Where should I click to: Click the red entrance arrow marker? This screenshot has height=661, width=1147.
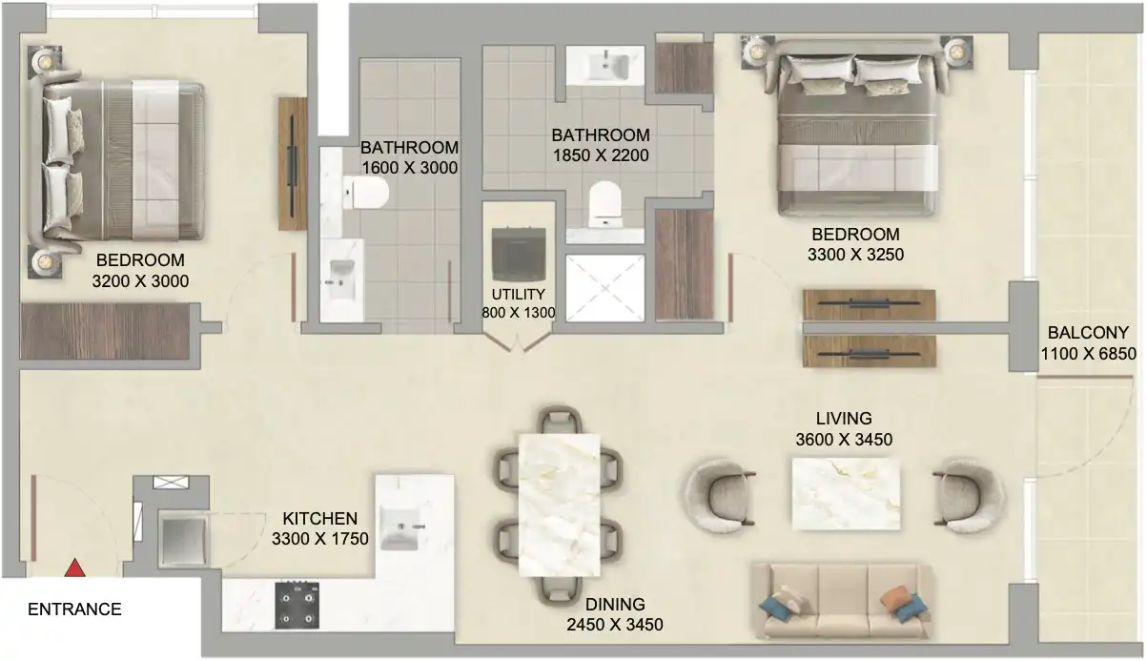click(74, 568)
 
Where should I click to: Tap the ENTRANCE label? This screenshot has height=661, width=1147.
click(74, 609)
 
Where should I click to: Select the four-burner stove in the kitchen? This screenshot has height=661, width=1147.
click(297, 605)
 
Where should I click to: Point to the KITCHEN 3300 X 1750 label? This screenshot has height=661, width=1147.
click(320, 528)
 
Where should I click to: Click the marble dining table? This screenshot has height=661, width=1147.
click(559, 505)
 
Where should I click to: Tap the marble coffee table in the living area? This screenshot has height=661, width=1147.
click(846, 494)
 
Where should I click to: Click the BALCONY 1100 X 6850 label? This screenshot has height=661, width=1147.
click(1089, 342)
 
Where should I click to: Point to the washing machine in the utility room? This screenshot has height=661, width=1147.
click(518, 254)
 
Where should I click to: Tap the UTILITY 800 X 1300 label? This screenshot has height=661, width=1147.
click(518, 303)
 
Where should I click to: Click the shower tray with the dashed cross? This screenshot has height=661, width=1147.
click(605, 288)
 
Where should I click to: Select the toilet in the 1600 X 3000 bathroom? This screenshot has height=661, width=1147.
click(365, 193)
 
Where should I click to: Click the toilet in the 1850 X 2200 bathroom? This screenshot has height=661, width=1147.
click(604, 204)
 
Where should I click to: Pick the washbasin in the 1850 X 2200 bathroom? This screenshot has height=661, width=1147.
click(605, 66)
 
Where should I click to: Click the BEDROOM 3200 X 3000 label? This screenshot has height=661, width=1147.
click(140, 271)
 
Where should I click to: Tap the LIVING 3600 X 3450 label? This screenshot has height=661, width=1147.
click(844, 429)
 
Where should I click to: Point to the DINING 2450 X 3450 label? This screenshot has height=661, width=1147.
click(615, 614)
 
